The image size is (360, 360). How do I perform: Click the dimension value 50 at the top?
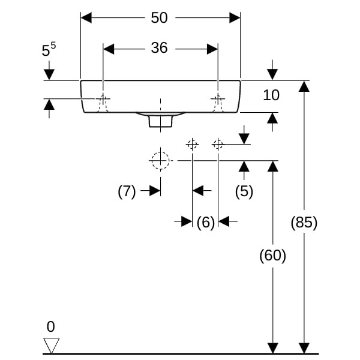point(159,18)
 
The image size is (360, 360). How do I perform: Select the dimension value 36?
point(159,49)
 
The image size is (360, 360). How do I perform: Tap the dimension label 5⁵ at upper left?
point(49,50)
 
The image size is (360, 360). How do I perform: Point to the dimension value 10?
point(271,95)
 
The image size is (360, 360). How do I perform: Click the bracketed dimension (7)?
point(127,191)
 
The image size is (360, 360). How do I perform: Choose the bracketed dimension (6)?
point(205,223)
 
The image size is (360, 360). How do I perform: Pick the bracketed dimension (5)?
point(244,191)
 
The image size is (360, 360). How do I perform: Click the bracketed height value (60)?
point(272,256)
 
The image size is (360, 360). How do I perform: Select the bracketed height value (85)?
point(304,223)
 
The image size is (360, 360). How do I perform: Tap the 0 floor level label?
point(50,327)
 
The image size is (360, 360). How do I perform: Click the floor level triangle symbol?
point(52,345)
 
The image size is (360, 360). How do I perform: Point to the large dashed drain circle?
point(160,160)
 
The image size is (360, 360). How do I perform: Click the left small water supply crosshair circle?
point(192,144)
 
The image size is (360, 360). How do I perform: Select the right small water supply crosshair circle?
point(218,144)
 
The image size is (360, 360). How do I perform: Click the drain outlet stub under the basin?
point(160,121)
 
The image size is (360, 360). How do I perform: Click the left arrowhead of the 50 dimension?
point(86,18)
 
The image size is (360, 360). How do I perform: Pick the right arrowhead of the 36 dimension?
point(212,49)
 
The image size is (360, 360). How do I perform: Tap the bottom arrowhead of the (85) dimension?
point(304,348)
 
